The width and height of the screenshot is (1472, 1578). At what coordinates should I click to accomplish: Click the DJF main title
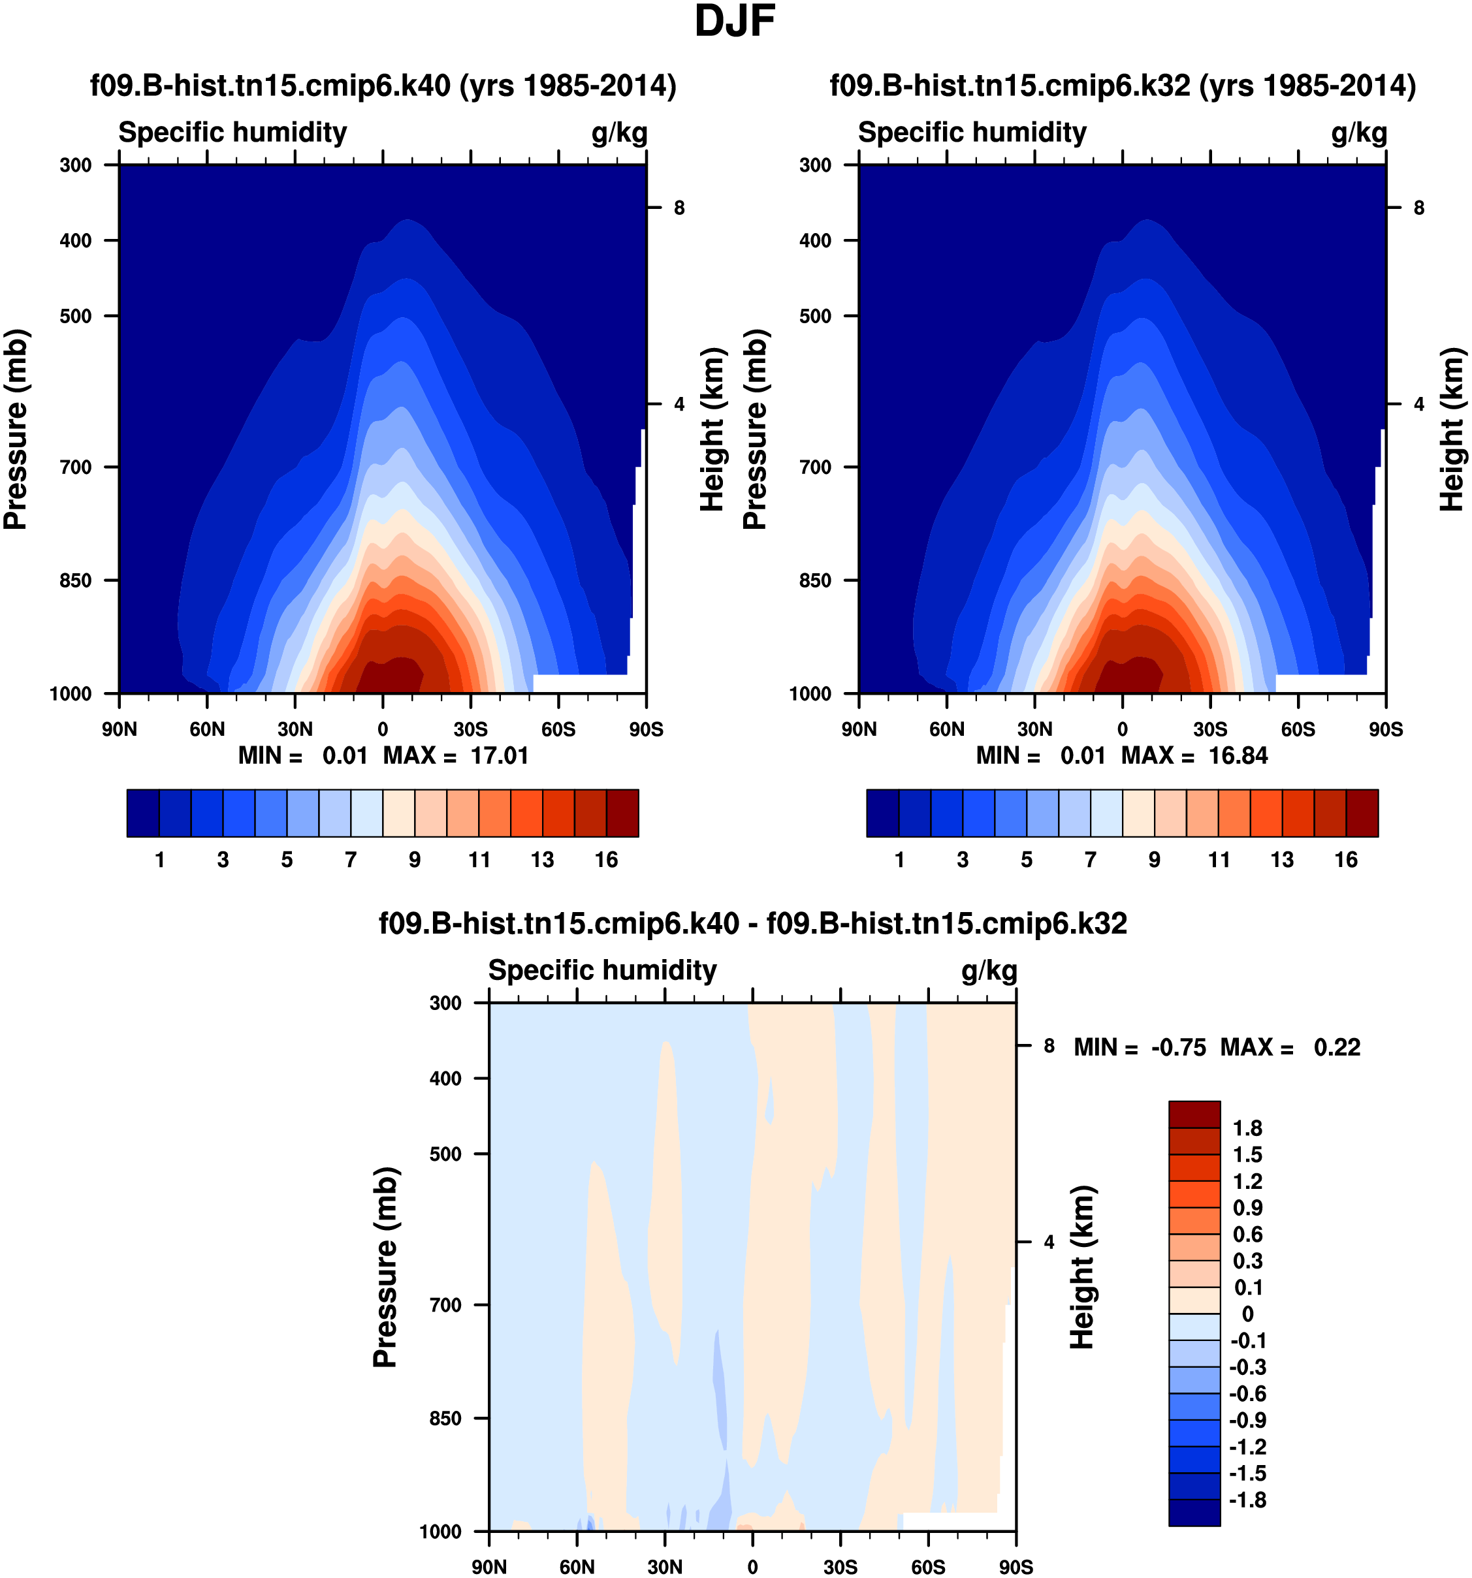pos(735,22)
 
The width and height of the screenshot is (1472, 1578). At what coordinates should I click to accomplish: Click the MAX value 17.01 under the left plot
pos(500,755)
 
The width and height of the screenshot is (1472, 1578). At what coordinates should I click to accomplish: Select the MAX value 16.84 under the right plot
pos(1238,755)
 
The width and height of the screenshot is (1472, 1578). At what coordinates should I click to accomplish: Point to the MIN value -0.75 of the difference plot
pos(1178,1047)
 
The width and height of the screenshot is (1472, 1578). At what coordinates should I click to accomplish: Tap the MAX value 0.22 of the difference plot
pos(1337,1047)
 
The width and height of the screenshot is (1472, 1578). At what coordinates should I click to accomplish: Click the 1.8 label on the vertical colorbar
pos(1247,1128)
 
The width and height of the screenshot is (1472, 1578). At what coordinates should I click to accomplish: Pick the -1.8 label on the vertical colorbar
pos(1247,1500)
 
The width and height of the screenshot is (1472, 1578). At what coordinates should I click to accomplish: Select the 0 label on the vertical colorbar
pos(1247,1314)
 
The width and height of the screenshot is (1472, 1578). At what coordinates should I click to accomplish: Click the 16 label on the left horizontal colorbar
pos(607,860)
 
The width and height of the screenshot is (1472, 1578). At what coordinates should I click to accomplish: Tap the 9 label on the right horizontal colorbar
pos(1155,860)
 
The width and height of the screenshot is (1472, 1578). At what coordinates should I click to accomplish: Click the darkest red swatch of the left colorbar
pos(622,813)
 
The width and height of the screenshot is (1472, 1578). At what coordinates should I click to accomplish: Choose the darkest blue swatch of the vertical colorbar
pos(1194,1512)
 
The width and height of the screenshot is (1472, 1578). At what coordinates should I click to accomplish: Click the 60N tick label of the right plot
pos(946,729)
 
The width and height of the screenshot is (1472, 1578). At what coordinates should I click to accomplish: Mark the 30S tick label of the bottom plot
pos(840,1567)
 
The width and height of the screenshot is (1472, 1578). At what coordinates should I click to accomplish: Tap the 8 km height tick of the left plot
pos(679,208)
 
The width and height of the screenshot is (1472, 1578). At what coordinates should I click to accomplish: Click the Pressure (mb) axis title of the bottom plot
pos(385,1268)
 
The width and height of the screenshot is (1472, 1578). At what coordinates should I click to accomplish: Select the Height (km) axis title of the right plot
pos(1452,429)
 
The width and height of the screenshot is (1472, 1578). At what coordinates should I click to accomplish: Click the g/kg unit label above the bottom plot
pos(989,971)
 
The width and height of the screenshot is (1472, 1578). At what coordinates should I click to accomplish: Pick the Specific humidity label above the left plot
pos(232,133)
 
